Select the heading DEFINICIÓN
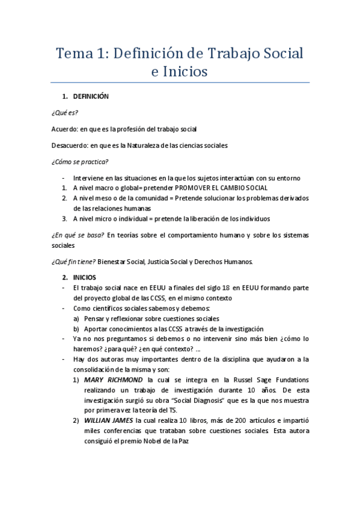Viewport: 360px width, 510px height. click(x=91, y=96)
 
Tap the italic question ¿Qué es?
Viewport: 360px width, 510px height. click(x=65, y=112)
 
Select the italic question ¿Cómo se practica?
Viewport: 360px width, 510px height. click(x=80, y=161)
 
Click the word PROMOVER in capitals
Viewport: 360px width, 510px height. click(x=192, y=188)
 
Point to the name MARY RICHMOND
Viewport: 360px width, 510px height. click(x=114, y=380)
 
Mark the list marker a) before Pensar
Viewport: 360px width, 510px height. click(x=76, y=319)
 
